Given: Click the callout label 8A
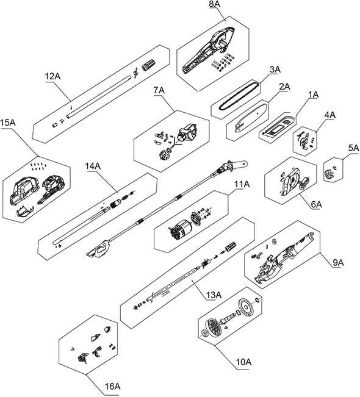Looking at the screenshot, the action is [x=215, y=4].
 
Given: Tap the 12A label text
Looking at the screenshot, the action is [x=52, y=76].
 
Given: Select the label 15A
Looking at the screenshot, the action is [x=8, y=123].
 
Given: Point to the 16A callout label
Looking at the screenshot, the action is [x=113, y=387].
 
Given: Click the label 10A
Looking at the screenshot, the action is [x=243, y=362].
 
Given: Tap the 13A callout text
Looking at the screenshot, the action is [x=214, y=295].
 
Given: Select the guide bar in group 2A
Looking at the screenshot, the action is [x=251, y=118].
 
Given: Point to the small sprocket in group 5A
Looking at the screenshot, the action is [x=328, y=174].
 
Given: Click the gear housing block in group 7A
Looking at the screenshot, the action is [x=188, y=132].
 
